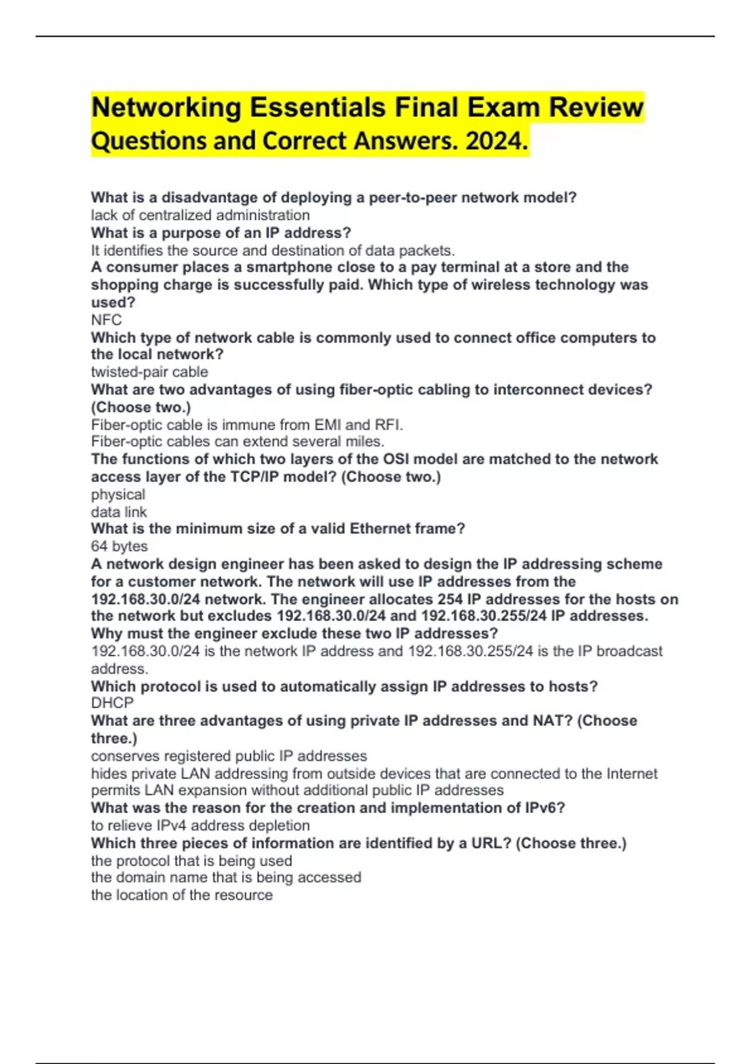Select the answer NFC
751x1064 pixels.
(x=106, y=320)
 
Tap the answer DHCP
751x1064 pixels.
(x=113, y=703)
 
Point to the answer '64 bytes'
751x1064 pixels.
(x=120, y=546)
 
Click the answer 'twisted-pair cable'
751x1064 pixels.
(x=150, y=372)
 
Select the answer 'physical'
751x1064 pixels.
(x=118, y=494)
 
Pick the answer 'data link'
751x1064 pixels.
(x=119, y=512)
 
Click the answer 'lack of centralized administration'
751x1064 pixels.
(x=200, y=215)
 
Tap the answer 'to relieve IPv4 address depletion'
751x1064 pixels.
(x=200, y=826)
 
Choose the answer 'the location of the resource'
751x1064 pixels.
(x=181, y=895)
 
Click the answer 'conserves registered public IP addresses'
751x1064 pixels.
(x=229, y=756)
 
